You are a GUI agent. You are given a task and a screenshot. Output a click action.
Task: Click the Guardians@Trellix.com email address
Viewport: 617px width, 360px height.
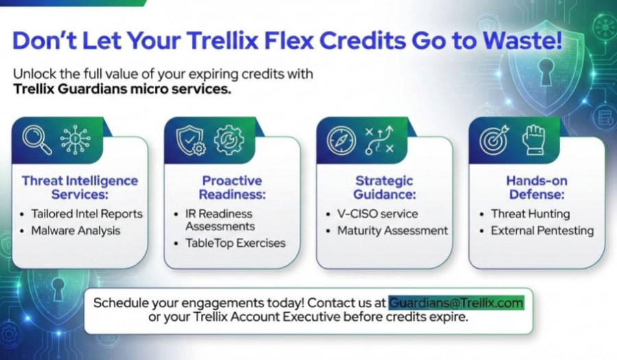pos(456,302)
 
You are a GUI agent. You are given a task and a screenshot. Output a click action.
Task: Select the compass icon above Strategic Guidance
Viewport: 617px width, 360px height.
pos(341,139)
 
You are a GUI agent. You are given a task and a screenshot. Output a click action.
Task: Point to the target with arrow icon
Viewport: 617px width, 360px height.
pos(494,139)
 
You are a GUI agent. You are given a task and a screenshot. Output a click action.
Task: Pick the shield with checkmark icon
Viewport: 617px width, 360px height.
pos(190,139)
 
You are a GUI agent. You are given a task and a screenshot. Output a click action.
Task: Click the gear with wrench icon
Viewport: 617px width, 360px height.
pos(228,139)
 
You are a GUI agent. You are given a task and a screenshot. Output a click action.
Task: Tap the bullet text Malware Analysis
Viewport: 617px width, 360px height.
pos(75,231)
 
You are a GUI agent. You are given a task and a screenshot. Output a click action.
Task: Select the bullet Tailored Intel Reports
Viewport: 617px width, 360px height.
pos(86,213)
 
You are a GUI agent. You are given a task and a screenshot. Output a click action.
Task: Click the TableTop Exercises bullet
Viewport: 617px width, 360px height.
pos(235,243)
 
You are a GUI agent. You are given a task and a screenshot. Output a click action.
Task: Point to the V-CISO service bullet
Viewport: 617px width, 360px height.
pos(378,213)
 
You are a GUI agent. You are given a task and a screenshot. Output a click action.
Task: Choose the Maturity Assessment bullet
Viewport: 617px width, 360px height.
pos(392,231)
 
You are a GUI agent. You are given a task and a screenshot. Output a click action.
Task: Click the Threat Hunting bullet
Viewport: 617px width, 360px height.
pos(530,213)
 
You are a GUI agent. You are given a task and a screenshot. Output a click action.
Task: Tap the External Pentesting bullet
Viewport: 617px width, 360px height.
pos(542,231)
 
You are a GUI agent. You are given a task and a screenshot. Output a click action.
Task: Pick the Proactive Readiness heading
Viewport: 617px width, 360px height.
pos(232,187)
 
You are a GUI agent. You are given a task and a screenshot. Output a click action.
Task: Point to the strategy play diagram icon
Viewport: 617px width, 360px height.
pos(380,139)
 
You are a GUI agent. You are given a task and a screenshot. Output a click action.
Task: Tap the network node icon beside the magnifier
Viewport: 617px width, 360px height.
pos(75,139)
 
